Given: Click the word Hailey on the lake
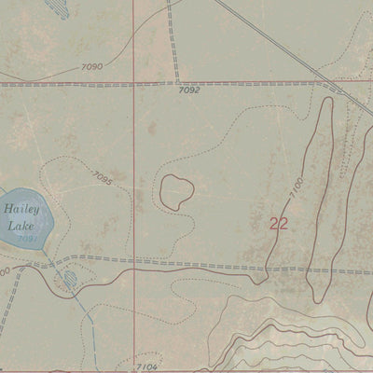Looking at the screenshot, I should [x=17, y=211].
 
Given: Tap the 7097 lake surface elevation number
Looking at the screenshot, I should [x=27, y=240].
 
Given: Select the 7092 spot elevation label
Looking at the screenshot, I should [x=188, y=90].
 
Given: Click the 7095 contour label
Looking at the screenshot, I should [x=104, y=176].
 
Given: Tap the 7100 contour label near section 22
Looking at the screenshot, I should [x=297, y=191].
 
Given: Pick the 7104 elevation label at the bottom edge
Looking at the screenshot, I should [x=146, y=367].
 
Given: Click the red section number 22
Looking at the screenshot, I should [x=278, y=224].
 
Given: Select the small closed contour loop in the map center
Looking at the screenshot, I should [x=176, y=191].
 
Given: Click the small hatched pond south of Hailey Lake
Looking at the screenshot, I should [x=67, y=279].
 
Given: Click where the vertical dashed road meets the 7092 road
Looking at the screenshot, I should [x=175, y=83].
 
